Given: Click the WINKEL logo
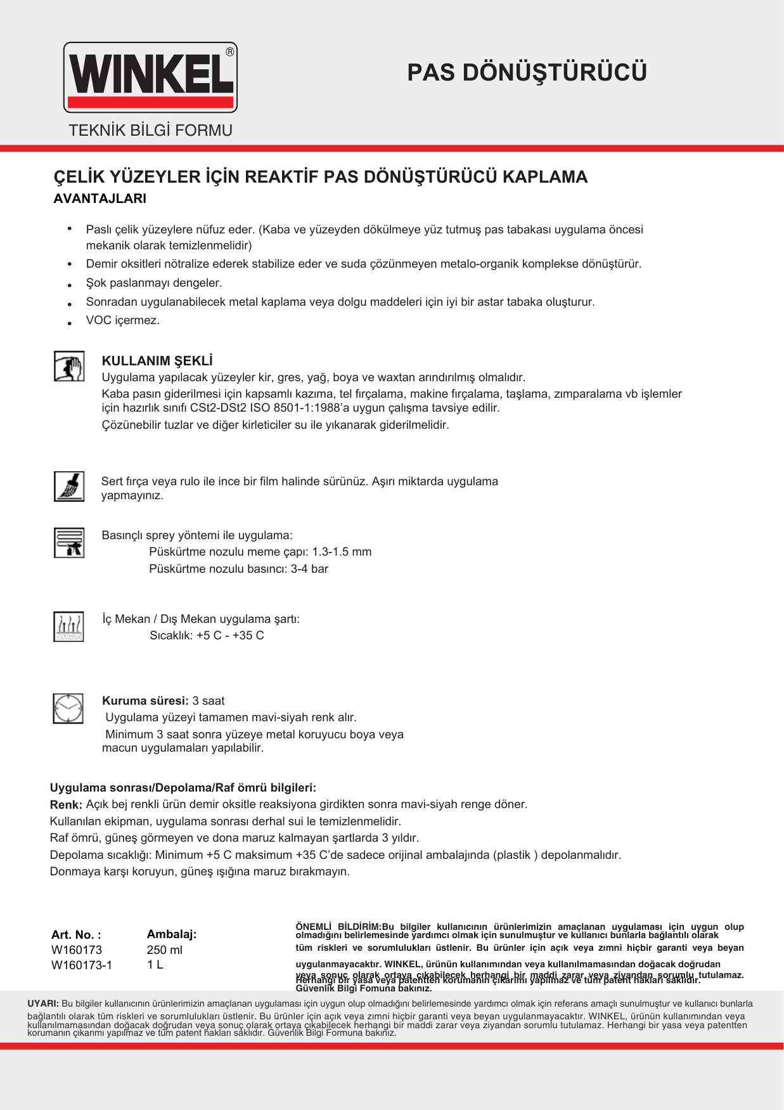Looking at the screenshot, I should (x=150, y=77).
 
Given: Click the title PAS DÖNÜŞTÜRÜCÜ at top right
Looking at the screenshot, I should (x=527, y=73).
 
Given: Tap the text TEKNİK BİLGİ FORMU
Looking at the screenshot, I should (x=150, y=131).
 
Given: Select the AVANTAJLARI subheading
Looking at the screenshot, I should (x=100, y=199).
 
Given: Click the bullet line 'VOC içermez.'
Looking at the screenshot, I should (x=123, y=320).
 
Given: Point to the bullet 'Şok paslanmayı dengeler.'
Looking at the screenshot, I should (x=154, y=283).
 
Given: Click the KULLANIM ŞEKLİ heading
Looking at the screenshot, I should (x=157, y=361).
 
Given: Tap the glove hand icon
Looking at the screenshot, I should (x=69, y=367).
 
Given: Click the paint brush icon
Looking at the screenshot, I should (x=69, y=486).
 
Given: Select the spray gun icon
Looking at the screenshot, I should (x=69, y=542).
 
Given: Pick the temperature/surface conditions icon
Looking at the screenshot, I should (x=69, y=627).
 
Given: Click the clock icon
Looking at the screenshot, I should (x=68, y=708).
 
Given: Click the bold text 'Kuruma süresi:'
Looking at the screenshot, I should (x=145, y=701).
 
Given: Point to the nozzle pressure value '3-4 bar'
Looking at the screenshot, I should (x=309, y=569).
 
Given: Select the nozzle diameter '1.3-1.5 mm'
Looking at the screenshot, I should (x=342, y=552).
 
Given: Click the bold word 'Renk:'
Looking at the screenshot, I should (x=66, y=805).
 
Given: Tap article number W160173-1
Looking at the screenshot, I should (x=82, y=965).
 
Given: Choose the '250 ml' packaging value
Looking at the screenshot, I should (x=165, y=950).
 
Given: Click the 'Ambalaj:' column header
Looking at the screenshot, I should (x=172, y=934).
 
